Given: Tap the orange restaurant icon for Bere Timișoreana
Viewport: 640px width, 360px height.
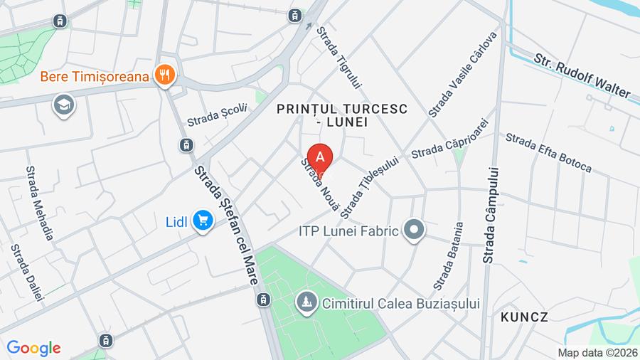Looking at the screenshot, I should (165, 75).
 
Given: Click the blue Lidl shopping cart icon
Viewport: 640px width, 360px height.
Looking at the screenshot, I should (203, 221).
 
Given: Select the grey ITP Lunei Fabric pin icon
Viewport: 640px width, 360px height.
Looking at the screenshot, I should (413, 230).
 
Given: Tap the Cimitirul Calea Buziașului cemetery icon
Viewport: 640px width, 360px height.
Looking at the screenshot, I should (307, 303).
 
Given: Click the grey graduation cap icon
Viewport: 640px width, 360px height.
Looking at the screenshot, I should (64, 106).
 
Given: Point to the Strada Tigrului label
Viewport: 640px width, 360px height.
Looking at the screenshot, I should (340, 58).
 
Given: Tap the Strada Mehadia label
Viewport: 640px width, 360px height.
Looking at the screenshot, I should (40, 203).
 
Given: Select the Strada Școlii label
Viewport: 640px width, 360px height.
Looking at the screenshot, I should (216, 115).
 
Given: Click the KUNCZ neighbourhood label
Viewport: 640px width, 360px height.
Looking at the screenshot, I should (525, 317).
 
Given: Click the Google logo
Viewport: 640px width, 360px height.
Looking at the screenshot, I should (33, 348).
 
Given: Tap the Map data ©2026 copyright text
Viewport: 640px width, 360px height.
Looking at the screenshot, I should (597, 353).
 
